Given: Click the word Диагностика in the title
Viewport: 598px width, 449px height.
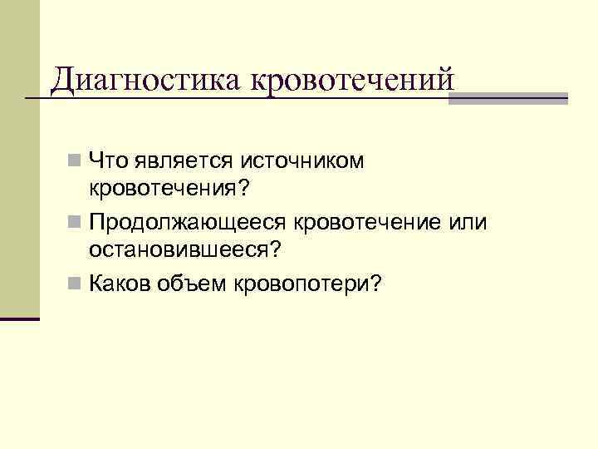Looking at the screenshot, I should [145, 81].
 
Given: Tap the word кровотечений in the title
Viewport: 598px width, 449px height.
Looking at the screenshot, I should [352, 81].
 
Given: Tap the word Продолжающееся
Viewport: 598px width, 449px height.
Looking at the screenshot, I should [188, 222].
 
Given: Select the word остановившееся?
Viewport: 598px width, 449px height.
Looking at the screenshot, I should [186, 249].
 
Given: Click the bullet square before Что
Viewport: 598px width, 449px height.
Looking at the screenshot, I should [76, 160].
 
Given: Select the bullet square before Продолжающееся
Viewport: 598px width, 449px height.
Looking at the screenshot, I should [76, 223].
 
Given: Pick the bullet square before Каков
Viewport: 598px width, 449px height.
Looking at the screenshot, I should [76, 285].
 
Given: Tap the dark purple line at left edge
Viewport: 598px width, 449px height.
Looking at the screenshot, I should [20, 318].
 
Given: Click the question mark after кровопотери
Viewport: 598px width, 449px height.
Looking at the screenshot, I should [376, 284].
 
